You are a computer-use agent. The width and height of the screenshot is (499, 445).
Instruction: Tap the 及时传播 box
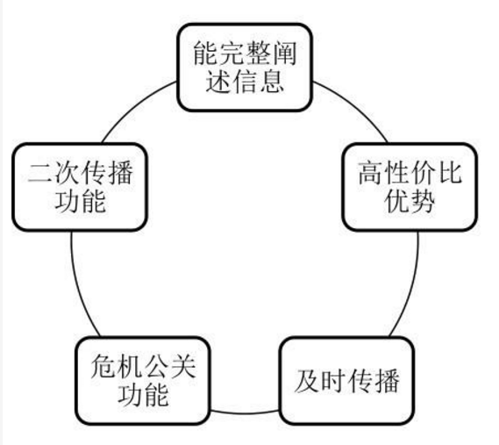[x=347, y=380]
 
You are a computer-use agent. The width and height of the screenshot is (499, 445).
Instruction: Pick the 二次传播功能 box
[x=80, y=186]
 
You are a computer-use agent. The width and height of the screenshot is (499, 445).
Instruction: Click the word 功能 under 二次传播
[x=80, y=203]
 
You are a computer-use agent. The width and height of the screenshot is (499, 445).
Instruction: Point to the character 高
[x=369, y=170]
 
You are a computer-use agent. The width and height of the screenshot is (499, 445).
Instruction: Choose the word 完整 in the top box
[x=244, y=50]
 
